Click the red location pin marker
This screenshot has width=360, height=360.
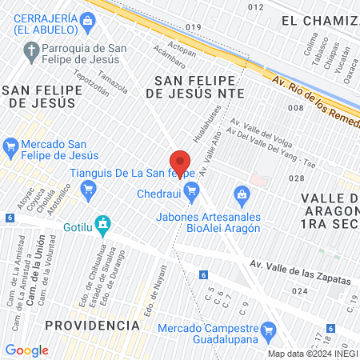(180, 162)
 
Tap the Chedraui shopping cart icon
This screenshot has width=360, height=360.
(190, 190)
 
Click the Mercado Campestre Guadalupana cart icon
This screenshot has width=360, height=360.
(270, 330)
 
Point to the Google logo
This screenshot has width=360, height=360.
(26, 350)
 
